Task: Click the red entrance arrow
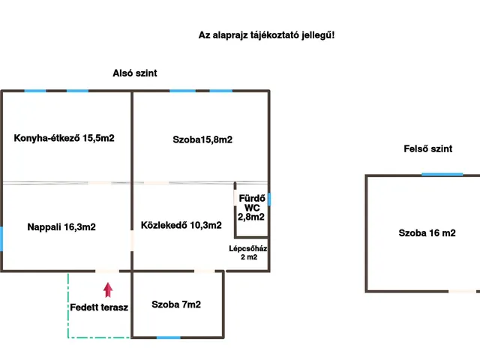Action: pyautogui.click(x=108, y=289)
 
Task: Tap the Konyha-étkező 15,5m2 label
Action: pyautogui.click(x=64, y=138)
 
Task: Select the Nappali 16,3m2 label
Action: pyautogui.click(x=61, y=226)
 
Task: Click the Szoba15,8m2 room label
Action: pyautogui.click(x=202, y=139)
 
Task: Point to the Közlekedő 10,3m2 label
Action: pyautogui.click(x=181, y=225)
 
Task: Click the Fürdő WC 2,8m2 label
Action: pyautogui.click(x=251, y=208)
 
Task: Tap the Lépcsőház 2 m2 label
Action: pyautogui.click(x=248, y=253)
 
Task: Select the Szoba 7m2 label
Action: pyautogui.click(x=176, y=304)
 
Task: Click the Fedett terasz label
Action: pyautogui.click(x=99, y=307)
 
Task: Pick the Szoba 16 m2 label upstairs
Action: pyautogui.click(x=427, y=233)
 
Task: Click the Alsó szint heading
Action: pyautogui.click(x=135, y=73)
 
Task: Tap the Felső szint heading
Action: pyautogui.click(x=428, y=148)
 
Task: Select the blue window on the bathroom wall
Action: pyautogui.click(x=269, y=199)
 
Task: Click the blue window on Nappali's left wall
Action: pyautogui.click(x=1, y=239)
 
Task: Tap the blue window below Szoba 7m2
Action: pyautogui.click(x=169, y=337)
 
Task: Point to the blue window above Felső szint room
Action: pyautogui.click(x=442, y=175)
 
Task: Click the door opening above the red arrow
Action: pyautogui.click(x=106, y=271)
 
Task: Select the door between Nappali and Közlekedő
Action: pyautogui.click(x=132, y=241)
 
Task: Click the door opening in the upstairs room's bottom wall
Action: pyautogui.click(x=462, y=292)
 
